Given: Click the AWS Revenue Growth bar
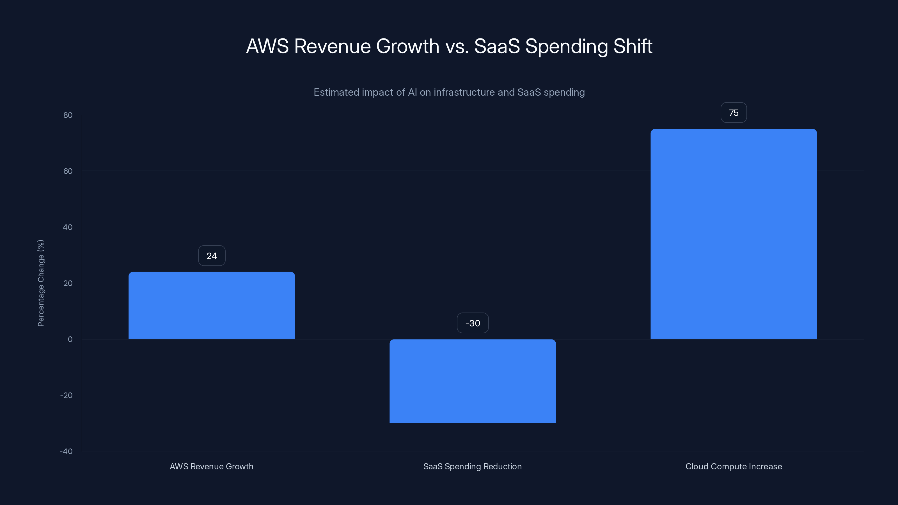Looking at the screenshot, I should coord(212,305).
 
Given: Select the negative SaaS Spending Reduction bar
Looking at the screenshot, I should coord(472,381).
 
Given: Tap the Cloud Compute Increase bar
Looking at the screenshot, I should coord(734,234).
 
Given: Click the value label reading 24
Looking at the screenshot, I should coord(212,256).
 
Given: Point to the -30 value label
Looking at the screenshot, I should coord(472,323).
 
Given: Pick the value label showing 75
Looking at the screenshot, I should coord(734,113).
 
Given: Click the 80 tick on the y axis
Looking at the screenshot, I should coord(68,115).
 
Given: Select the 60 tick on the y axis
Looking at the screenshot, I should coord(68,171).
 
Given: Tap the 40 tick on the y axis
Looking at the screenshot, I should coord(68,227).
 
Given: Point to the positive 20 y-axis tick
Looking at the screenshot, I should coord(68,283).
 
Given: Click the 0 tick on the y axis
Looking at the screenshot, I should coord(70,339).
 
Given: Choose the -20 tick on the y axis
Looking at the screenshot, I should coord(66,395).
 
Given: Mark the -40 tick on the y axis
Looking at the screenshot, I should coord(66,451).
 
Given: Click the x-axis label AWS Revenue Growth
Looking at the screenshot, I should coord(211,466).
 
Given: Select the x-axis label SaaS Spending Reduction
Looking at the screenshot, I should coord(472,466).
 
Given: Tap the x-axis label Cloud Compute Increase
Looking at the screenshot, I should coord(734,466).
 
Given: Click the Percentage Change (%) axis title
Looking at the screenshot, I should coord(41,283).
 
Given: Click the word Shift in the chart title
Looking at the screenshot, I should coord(633,46).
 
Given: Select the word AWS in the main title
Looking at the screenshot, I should coord(267,46).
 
